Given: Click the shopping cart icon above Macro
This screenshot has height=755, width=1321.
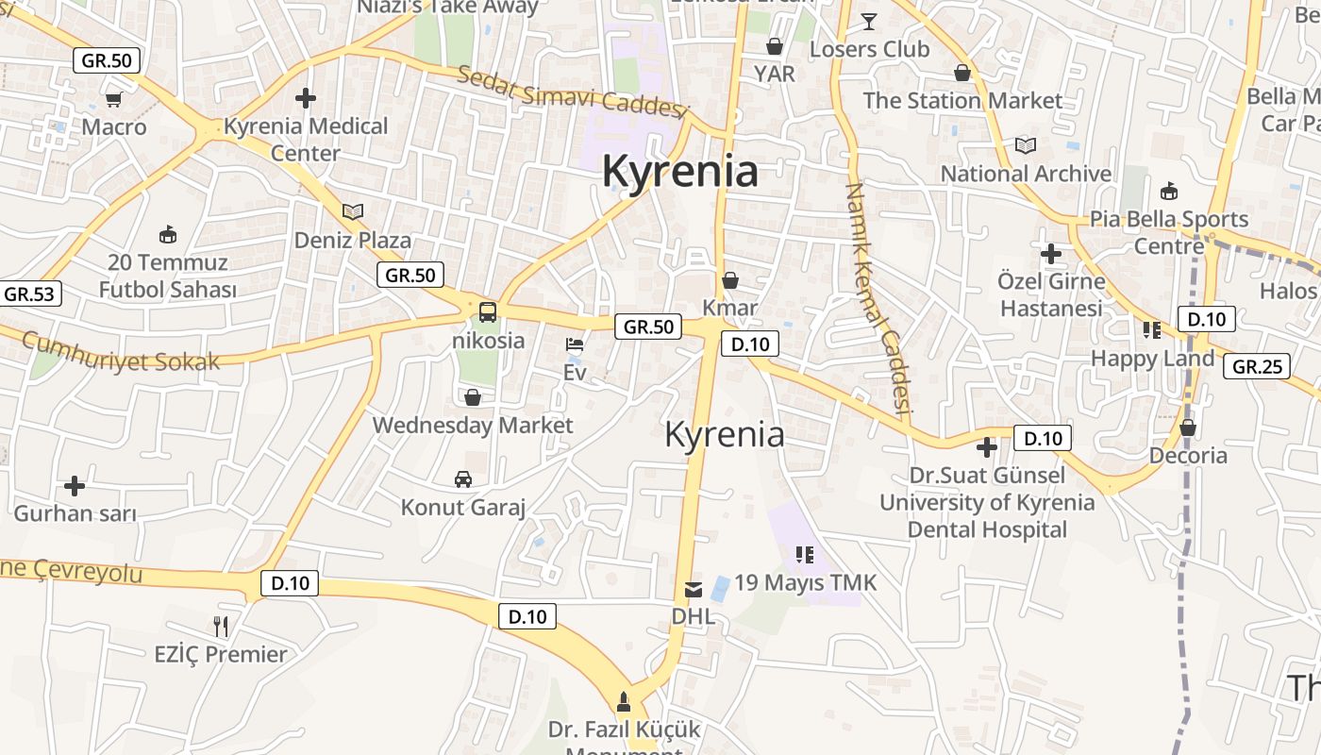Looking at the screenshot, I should click(114, 99).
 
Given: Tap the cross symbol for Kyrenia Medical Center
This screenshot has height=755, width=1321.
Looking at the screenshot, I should click(305, 97).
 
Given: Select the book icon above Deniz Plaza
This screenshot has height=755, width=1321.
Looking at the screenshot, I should click(353, 211).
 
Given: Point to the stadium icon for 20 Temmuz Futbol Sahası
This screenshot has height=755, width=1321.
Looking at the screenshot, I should click(168, 234).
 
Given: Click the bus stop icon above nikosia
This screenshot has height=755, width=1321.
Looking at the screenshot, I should click(488, 311).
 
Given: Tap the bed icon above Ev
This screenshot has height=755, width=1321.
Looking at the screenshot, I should click(575, 344).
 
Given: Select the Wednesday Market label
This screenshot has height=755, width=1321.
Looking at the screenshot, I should click(472, 425).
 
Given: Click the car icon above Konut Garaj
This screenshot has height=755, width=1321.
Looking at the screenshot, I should click(463, 479).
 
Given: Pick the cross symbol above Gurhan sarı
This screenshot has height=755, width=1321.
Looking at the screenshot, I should click(75, 486).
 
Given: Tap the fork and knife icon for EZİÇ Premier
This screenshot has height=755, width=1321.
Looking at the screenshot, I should click(221, 626).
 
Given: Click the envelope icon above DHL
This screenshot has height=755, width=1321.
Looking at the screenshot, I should click(694, 590).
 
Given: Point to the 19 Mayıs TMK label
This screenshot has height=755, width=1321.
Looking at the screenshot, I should click(806, 582).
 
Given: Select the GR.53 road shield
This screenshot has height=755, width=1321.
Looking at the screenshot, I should click(29, 294).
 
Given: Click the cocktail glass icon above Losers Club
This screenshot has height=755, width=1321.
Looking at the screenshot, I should click(869, 21).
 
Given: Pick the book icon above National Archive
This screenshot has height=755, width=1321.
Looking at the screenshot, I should click(1026, 145).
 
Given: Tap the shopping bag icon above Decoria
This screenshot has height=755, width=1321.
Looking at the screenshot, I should click(1188, 428).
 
